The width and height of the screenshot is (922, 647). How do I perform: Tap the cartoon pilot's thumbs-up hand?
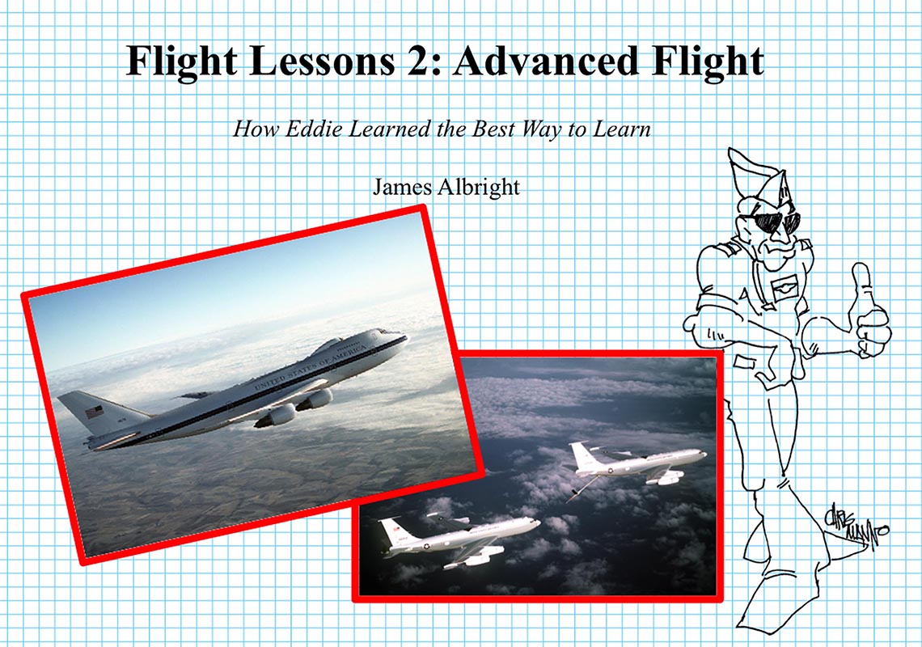[870, 311]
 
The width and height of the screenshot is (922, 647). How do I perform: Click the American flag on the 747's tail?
[95, 412]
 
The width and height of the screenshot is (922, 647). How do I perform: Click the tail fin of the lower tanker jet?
[393, 531]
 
